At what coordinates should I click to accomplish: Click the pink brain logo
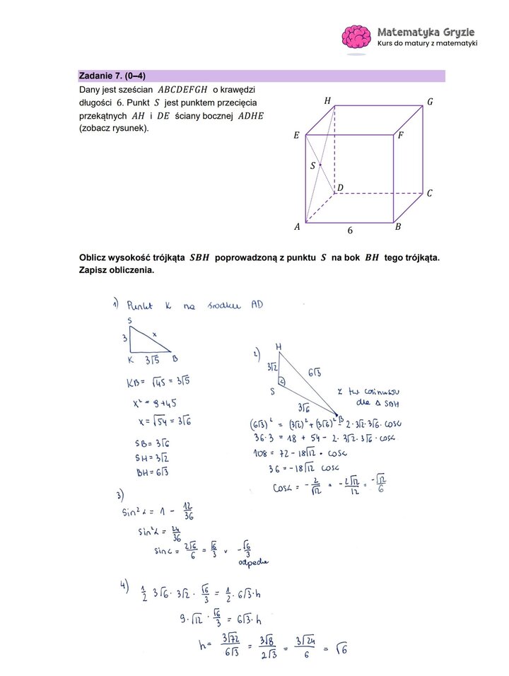pyautogui.click(x=357, y=38)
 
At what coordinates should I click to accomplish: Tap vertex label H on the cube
pyautogui.click(x=327, y=101)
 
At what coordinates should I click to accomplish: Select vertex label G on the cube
pyautogui.click(x=430, y=102)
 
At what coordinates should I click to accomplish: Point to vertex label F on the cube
pyautogui.click(x=400, y=134)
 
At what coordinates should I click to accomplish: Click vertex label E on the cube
pyautogui.click(x=296, y=134)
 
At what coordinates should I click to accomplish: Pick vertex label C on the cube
pyautogui.click(x=429, y=192)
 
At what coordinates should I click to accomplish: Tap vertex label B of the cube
pyautogui.click(x=398, y=227)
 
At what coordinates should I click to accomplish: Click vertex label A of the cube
pyautogui.click(x=297, y=227)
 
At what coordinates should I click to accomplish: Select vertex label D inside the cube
pyautogui.click(x=340, y=187)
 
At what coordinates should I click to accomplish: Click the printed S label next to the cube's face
pyautogui.click(x=313, y=166)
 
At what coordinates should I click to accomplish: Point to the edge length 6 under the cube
pyautogui.click(x=349, y=231)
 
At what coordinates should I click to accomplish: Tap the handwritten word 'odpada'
pyautogui.click(x=254, y=564)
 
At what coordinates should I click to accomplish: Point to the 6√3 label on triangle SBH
pyautogui.click(x=315, y=373)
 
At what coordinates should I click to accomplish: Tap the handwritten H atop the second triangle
pyautogui.click(x=279, y=346)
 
